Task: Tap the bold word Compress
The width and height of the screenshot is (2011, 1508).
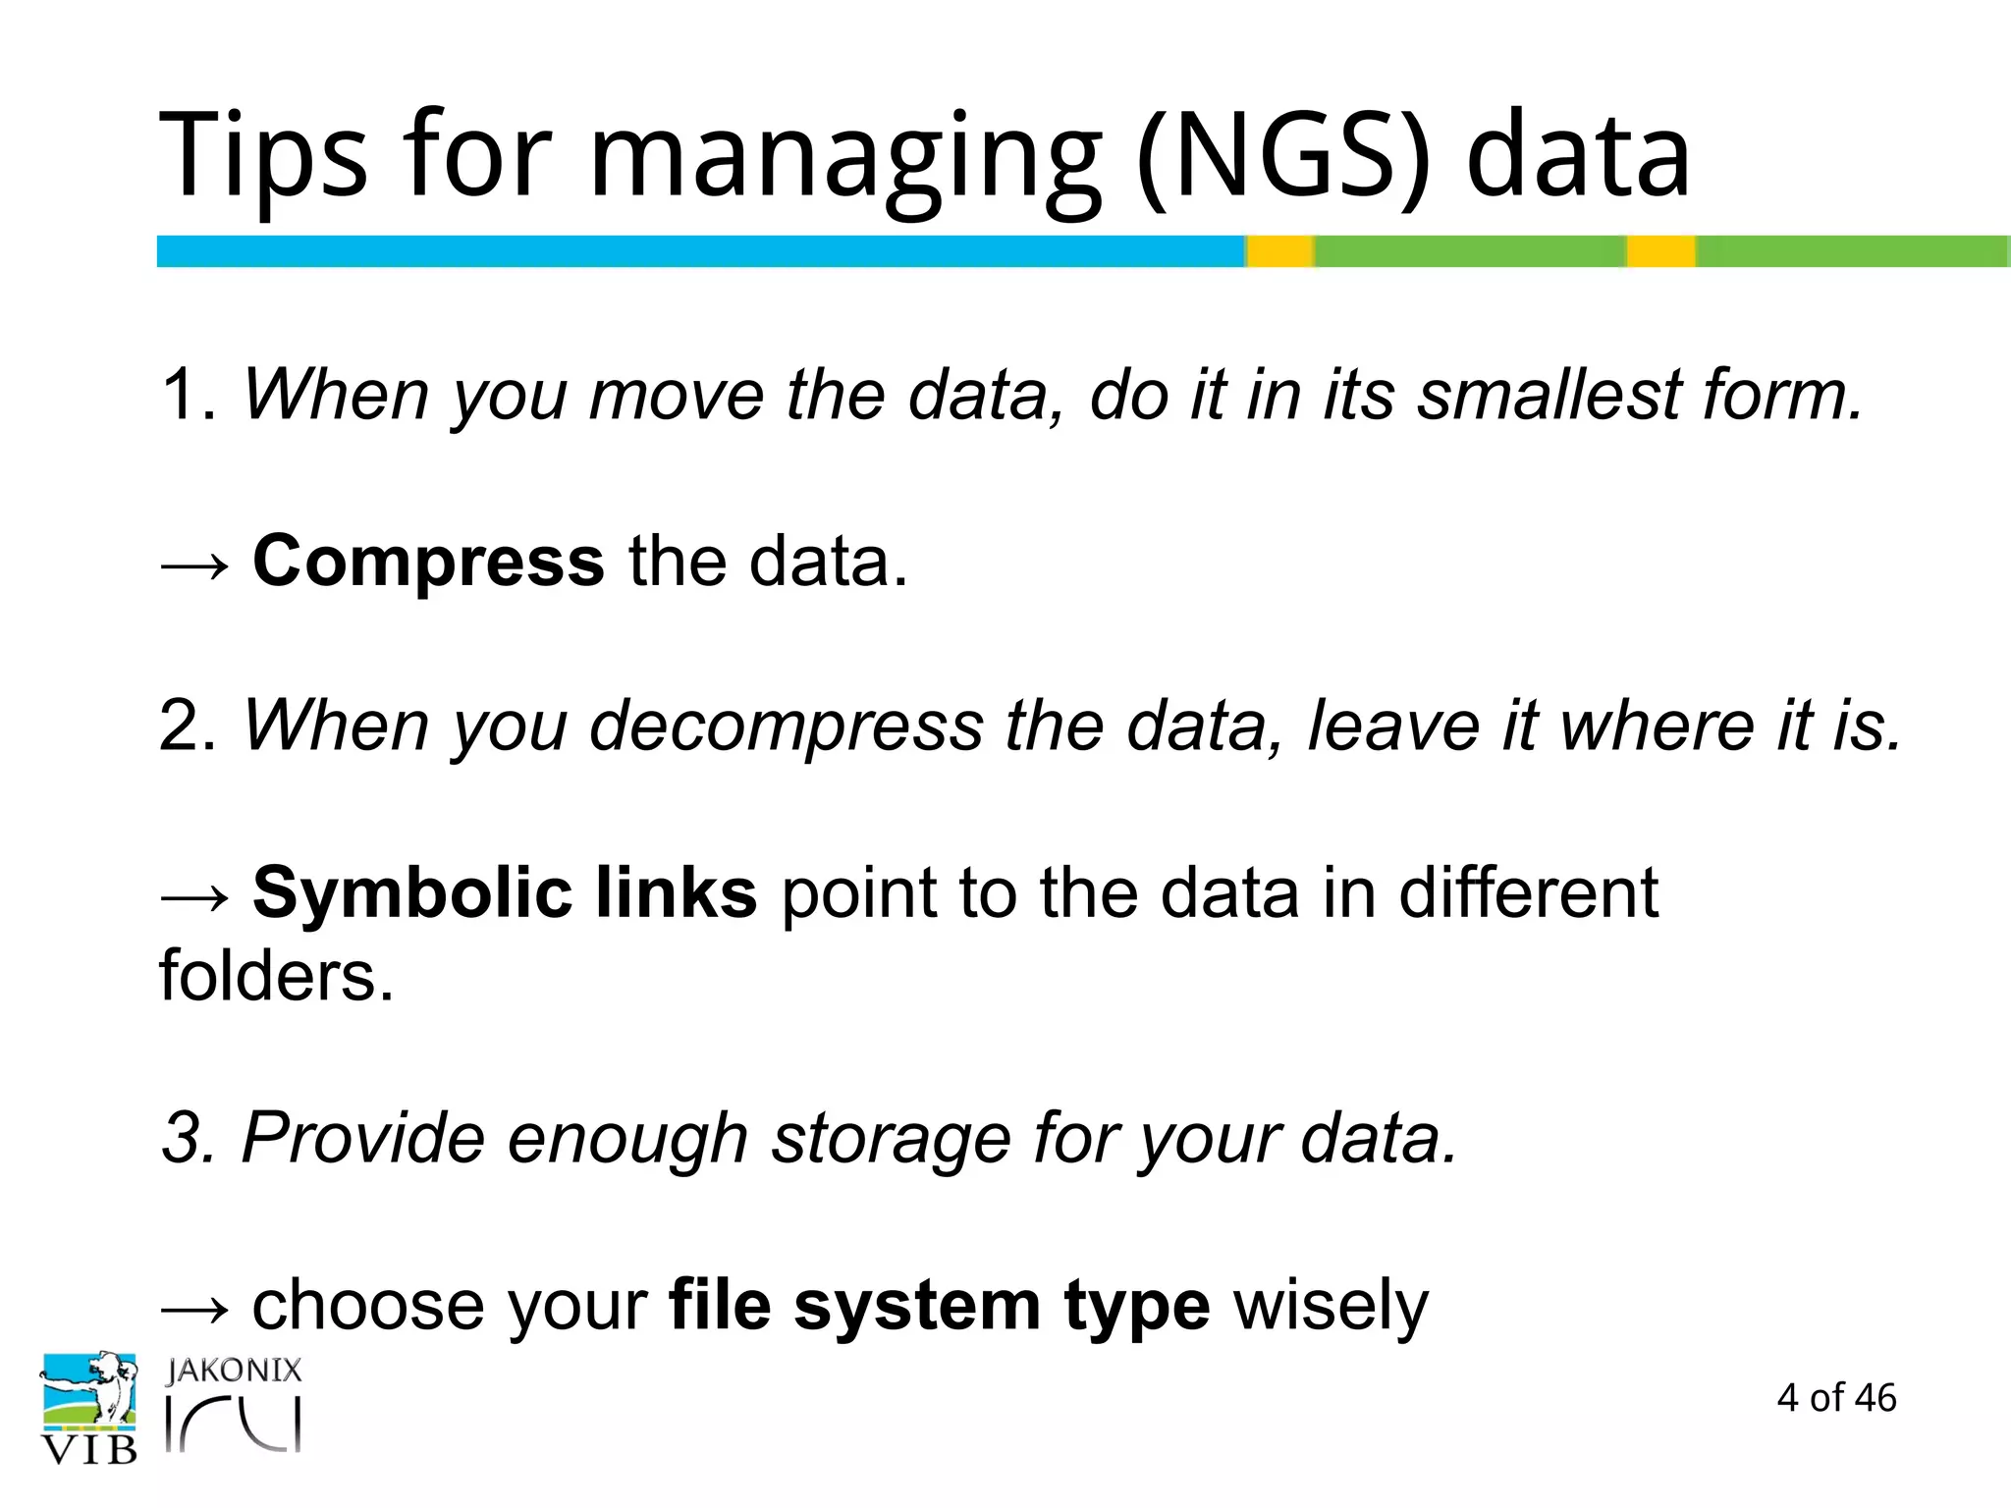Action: (428, 562)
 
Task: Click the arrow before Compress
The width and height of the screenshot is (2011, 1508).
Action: (194, 565)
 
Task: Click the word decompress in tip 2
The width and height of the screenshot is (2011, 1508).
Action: (787, 727)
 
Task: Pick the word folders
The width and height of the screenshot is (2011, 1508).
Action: (276, 976)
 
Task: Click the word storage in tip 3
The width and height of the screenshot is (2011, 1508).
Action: (890, 1139)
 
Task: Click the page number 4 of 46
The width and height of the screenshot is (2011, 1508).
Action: (1836, 1398)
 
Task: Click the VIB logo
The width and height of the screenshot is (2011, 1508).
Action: (88, 1408)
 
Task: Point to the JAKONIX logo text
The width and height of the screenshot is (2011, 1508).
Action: (234, 1371)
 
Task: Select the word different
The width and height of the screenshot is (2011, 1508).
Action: (1528, 893)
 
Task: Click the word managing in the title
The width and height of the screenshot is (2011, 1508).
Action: (845, 157)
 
